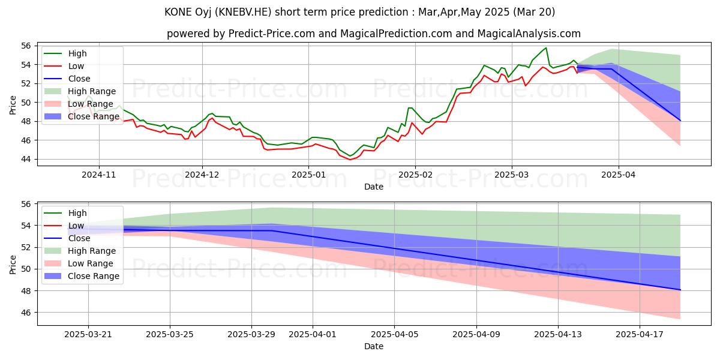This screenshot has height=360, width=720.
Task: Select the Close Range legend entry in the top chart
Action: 94,116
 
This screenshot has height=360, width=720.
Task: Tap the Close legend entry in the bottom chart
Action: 79,238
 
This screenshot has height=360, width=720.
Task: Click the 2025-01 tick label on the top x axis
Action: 308,175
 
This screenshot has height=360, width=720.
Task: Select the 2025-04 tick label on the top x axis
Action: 618,175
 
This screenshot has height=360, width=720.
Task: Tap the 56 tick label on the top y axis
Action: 26,46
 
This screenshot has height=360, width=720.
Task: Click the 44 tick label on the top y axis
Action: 26,159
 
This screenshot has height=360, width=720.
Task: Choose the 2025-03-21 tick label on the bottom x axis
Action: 88,335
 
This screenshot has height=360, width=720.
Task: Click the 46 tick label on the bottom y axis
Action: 26,313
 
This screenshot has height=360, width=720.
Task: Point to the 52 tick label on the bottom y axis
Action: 26,247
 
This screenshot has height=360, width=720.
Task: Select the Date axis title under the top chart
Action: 373,187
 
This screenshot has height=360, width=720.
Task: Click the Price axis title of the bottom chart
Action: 13,263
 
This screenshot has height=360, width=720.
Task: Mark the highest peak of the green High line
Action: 546,47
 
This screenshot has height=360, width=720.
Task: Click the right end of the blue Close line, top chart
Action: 680,121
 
